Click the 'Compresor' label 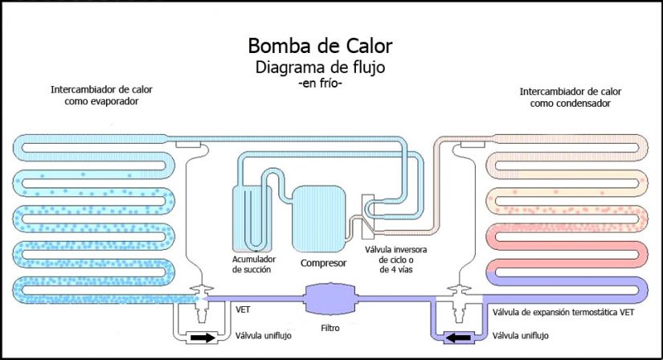(322, 263)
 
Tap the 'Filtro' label (330, 329)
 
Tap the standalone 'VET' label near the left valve (242, 309)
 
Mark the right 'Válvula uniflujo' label (526, 337)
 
